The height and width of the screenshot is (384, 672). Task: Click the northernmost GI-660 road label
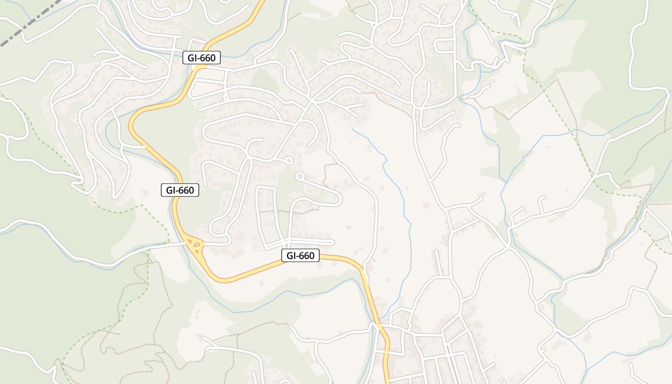click(202, 58)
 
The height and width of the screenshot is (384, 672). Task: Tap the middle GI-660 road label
click(180, 190)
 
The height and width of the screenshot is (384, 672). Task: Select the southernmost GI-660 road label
click(300, 256)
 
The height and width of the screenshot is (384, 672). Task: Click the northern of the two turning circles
click(288, 161)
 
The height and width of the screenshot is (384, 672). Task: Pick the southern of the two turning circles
click(300, 176)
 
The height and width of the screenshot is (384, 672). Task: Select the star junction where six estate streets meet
click(311, 100)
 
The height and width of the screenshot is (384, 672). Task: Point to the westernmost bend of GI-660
click(131, 126)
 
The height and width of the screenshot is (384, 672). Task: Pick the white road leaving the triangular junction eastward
click(216, 243)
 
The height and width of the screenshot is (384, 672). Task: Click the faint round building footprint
click(426, 205)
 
